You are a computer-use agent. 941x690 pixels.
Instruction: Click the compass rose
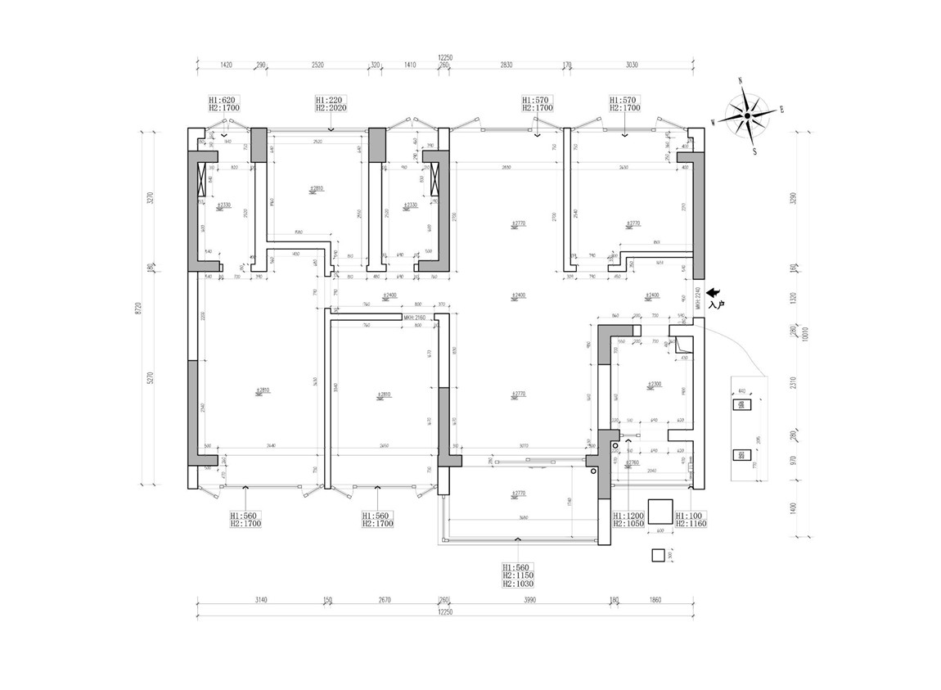(747, 117)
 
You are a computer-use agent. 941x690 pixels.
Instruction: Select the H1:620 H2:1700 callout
(223, 103)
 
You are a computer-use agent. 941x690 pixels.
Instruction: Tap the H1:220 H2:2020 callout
(331, 103)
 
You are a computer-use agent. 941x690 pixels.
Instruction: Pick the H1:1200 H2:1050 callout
(628, 519)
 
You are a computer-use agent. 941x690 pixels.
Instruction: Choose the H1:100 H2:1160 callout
(690, 519)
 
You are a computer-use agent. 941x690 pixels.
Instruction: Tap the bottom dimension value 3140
(260, 600)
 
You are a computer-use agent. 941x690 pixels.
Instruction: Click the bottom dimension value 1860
(655, 600)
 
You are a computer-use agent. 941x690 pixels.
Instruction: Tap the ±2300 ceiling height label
(652, 384)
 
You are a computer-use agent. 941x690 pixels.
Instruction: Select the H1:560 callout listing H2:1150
(518, 575)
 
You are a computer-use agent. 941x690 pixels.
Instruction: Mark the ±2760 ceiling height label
(631, 464)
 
